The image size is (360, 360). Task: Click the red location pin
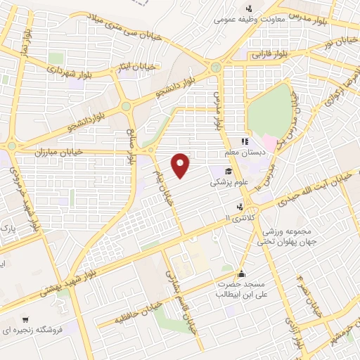coord(181,164)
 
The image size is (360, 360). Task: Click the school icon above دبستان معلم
coord(245,141)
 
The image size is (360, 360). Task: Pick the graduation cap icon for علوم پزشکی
coord(229,171)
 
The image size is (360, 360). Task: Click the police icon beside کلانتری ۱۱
coord(241,207)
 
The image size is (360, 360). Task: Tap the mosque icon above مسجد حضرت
coord(241,274)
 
